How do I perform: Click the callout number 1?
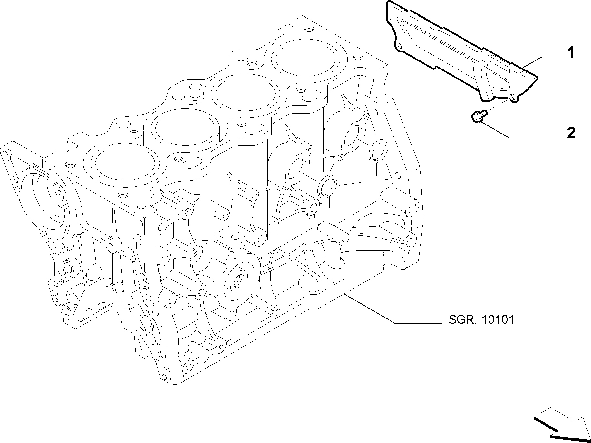tap(570, 53)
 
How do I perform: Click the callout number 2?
tap(570, 133)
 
